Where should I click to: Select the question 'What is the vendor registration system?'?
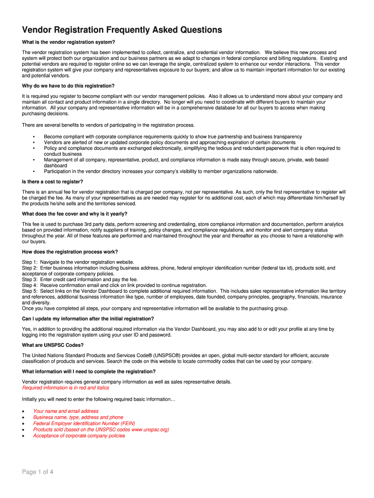point(68,42)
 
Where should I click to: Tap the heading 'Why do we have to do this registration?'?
point(68,86)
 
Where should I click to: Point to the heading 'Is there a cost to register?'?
point(52,182)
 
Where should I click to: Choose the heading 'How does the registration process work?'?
point(70,252)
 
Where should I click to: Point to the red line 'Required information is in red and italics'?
point(66,388)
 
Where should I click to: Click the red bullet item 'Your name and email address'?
point(66,411)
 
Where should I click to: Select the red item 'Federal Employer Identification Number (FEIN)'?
point(85,423)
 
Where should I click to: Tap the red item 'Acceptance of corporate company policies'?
point(79,436)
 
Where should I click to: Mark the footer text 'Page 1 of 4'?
point(37,472)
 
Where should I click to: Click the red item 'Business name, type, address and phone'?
point(78,417)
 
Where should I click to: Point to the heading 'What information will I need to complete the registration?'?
point(89,372)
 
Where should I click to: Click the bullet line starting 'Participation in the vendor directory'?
point(160,171)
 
